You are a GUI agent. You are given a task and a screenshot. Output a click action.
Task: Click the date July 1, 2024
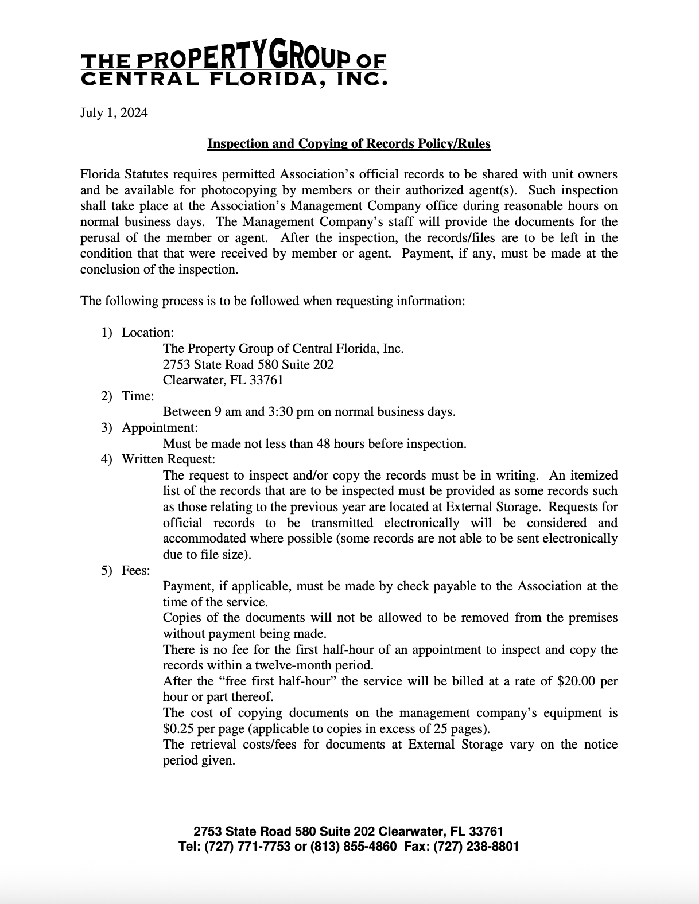click(114, 112)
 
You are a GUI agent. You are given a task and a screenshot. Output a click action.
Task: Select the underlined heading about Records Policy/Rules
click(348, 143)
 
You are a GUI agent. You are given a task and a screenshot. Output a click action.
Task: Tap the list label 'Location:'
click(147, 333)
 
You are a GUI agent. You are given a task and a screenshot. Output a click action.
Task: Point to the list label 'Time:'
click(138, 396)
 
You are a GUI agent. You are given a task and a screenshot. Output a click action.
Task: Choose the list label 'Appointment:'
click(160, 428)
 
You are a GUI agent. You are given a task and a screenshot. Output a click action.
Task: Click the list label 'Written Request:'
click(168, 459)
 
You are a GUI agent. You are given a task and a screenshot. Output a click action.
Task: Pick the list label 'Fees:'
click(135, 570)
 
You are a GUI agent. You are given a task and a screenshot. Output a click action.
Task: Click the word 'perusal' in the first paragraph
click(101, 238)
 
